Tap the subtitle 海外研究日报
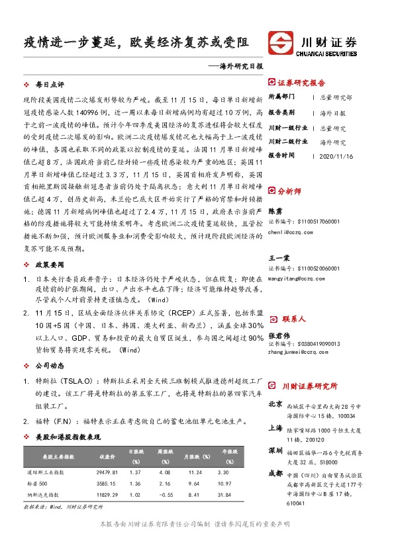(241, 67)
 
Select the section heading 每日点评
(50, 85)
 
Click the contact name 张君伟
(278, 335)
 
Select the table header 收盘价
(107, 456)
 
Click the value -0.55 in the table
(166, 493)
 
